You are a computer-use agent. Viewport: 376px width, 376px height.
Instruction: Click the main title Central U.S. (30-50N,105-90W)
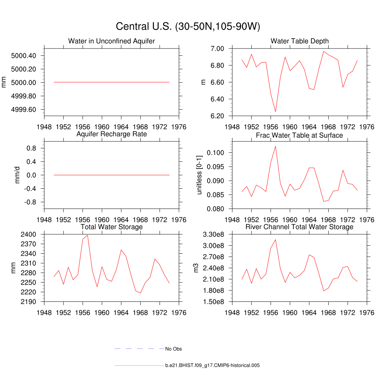(188, 27)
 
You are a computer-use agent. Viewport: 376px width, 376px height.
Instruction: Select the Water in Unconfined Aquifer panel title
(112, 41)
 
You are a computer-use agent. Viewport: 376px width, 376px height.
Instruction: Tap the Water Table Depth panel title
(300, 41)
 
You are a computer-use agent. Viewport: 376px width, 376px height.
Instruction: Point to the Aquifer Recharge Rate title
(112, 134)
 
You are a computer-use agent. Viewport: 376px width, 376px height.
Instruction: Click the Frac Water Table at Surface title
(299, 135)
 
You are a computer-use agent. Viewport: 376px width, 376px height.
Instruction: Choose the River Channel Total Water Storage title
(299, 227)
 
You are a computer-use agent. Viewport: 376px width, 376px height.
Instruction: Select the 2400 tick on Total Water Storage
(28, 234)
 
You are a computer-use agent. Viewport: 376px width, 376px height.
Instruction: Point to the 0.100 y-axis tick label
(216, 153)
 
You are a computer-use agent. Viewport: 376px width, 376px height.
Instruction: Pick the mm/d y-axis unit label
(17, 175)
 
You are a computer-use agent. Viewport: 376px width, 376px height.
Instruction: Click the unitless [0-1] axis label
(199, 175)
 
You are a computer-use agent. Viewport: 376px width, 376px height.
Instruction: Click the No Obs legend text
(173, 349)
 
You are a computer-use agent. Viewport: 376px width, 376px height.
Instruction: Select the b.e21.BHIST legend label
(213, 366)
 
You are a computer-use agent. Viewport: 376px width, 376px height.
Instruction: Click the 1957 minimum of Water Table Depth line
(275, 112)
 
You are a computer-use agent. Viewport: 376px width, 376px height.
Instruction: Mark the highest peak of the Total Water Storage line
(87, 235)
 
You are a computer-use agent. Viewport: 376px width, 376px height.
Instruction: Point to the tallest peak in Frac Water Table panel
(275, 146)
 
